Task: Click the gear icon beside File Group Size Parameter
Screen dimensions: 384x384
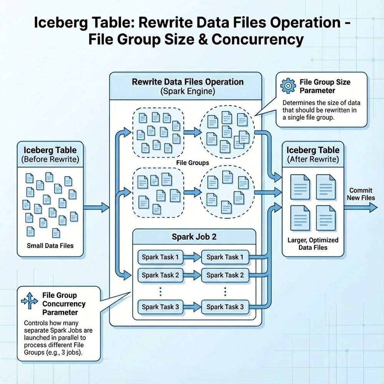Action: point(289,86)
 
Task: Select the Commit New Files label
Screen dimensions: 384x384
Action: point(361,194)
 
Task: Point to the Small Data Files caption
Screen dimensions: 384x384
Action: point(50,245)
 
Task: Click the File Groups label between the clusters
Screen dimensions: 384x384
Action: point(193,163)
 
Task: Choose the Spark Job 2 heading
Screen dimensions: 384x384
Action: point(194,236)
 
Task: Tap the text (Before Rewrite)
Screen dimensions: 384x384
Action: point(50,159)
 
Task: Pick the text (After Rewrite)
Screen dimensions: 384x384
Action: point(313,159)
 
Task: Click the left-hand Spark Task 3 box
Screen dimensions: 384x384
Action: point(160,307)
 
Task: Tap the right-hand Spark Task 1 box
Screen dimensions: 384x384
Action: point(225,257)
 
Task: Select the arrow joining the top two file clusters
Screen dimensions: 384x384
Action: point(192,132)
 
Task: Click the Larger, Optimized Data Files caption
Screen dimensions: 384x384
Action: point(313,244)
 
